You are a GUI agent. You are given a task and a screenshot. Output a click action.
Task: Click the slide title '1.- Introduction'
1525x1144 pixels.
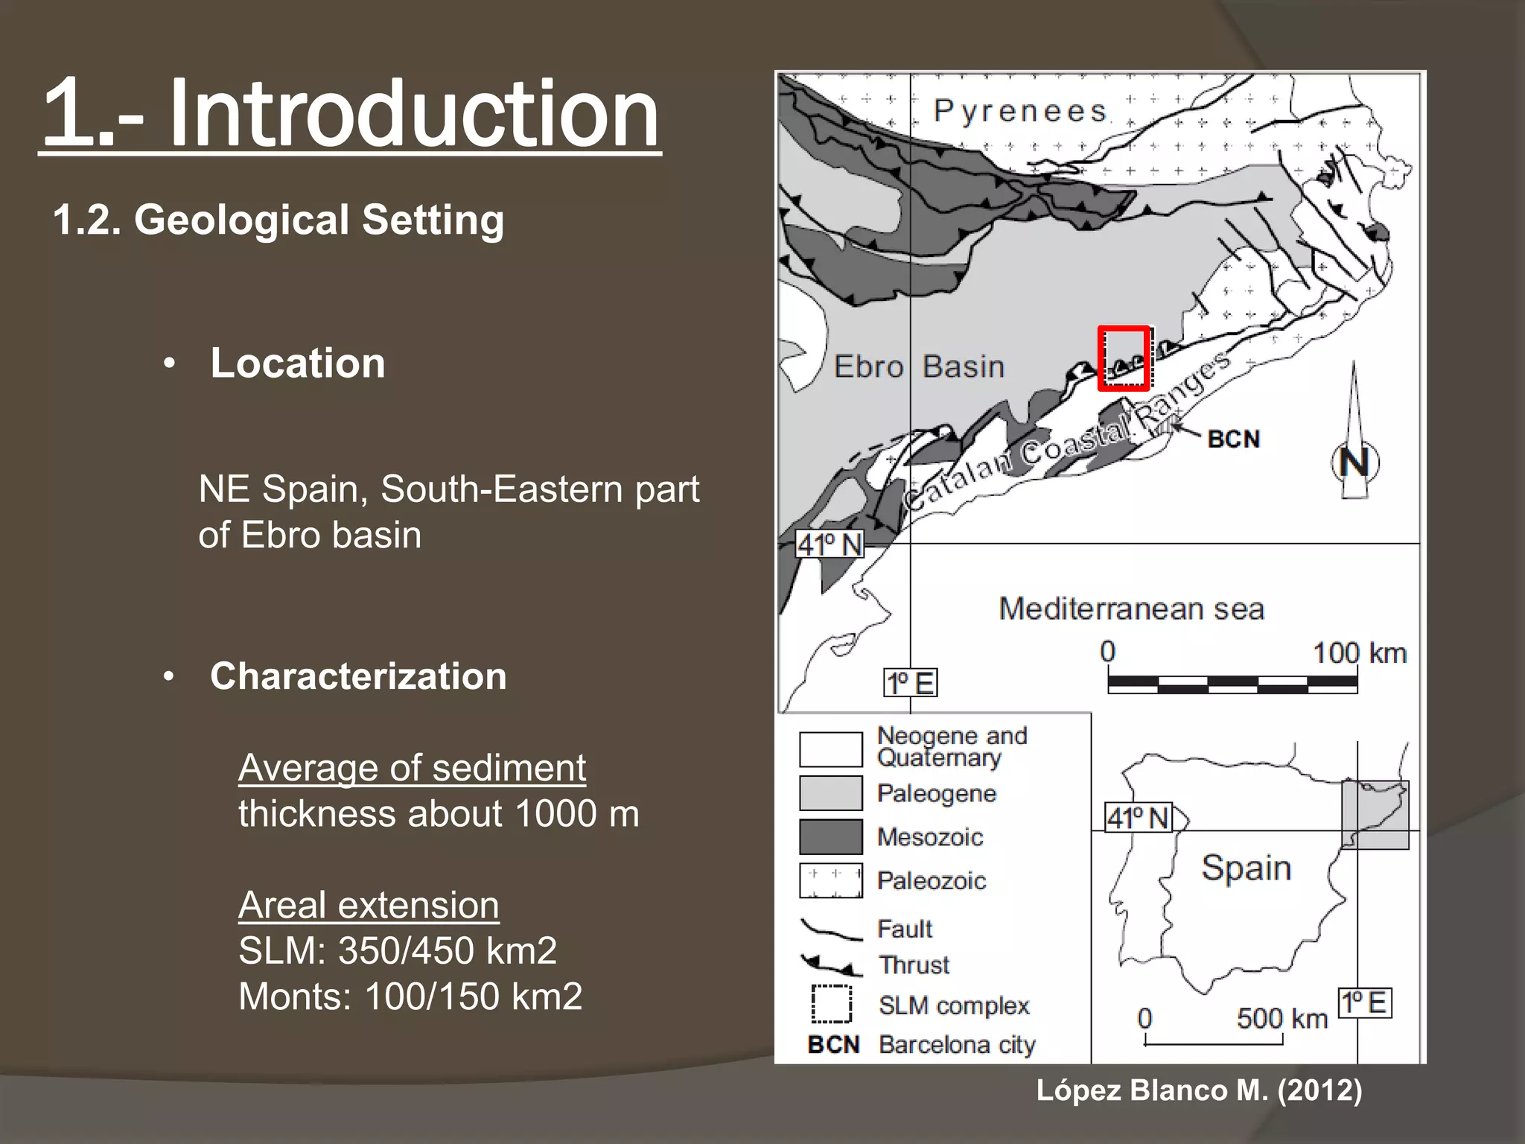click(350, 113)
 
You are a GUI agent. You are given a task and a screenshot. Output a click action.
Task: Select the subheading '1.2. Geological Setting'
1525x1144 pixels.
click(278, 220)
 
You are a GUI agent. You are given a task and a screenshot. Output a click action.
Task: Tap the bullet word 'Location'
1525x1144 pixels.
click(297, 363)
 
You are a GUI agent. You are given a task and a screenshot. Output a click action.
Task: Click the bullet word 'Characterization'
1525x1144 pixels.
click(358, 676)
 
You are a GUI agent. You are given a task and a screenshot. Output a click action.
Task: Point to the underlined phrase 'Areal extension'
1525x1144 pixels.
click(369, 906)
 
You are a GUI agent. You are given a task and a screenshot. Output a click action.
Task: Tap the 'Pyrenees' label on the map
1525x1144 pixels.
click(1020, 111)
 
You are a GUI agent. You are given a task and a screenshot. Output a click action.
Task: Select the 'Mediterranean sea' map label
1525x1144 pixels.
click(1131, 609)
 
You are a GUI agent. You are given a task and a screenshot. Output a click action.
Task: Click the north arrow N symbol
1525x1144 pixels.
click(1354, 462)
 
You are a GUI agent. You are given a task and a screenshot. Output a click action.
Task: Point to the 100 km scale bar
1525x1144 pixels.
click(1232, 683)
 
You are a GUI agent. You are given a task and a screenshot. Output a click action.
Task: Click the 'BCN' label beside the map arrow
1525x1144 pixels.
click(1234, 439)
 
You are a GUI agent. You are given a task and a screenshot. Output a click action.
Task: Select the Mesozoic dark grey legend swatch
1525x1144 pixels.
click(830, 836)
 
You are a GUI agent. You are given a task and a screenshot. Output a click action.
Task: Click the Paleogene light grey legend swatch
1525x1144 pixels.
click(830, 792)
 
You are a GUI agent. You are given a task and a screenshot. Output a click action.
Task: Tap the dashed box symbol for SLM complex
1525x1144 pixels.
click(831, 1005)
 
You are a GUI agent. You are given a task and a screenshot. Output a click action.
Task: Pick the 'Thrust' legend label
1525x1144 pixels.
click(914, 965)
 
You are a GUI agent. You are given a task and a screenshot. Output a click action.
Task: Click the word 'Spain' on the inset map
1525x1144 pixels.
click(1246, 868)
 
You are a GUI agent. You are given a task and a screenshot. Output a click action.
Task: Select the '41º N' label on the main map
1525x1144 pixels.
click(830, 544)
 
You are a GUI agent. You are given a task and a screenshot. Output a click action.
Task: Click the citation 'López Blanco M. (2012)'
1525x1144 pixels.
click(1199, 1090)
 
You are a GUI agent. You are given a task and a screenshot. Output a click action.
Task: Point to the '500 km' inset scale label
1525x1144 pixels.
click(1282, 1018)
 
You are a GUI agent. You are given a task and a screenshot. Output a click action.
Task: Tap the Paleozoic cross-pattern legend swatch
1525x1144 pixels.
click(830, 880)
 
